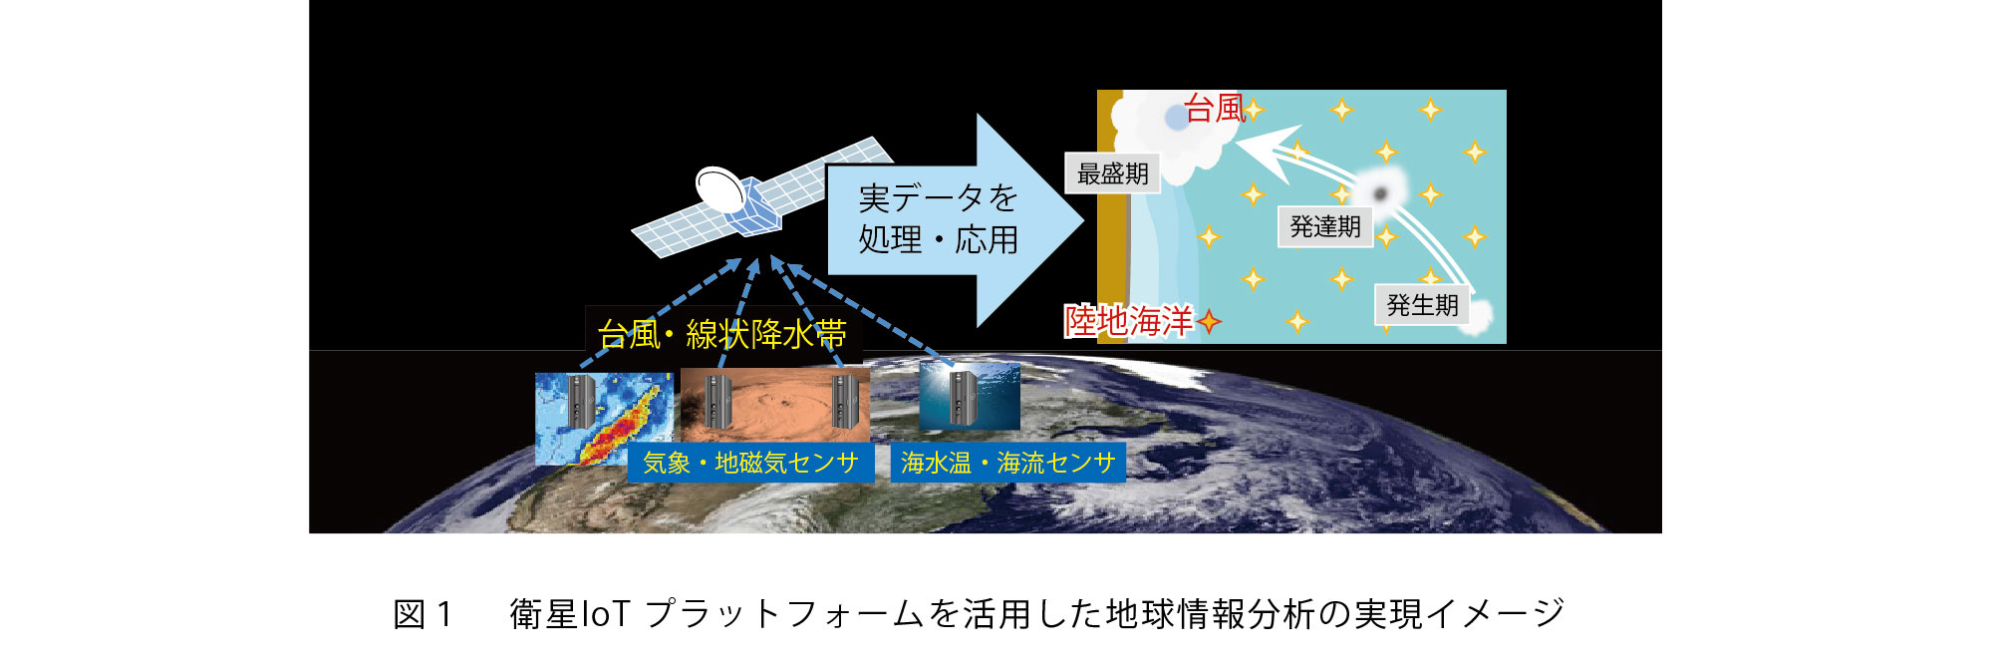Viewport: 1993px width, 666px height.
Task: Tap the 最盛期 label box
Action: [1112, 173]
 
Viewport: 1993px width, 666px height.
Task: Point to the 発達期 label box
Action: [1325, 226]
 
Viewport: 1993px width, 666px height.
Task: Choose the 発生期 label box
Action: [1422, 305]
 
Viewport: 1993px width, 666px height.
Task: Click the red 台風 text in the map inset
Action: [1215, 108]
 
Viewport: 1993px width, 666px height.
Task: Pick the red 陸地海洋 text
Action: [1129, 320]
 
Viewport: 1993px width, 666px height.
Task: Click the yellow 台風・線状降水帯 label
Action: [721, 334]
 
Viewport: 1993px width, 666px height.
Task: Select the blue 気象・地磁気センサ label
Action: [750, 463]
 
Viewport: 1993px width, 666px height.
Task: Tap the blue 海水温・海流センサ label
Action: [1007, 463]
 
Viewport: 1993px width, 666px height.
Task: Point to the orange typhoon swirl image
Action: [775, 406]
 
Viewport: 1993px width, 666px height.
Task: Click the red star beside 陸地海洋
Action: [1209, 321]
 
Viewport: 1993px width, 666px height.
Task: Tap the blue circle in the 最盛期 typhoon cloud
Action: [1177, 117]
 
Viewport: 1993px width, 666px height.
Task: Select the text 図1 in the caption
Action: [424, 614]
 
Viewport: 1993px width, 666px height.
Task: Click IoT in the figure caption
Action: [605, 614]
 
